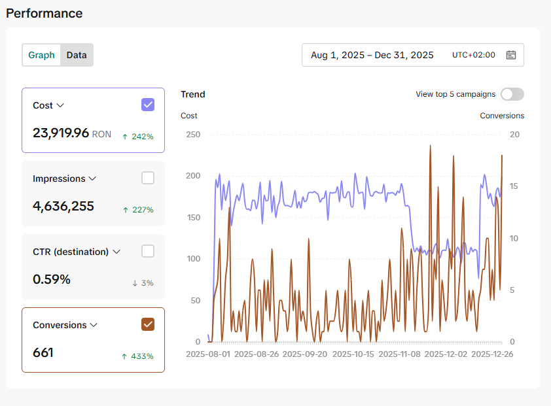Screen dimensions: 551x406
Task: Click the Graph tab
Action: tap(41, 55)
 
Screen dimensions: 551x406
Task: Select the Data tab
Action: tap(77, 55)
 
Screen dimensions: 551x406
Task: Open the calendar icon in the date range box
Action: tap(511, 55)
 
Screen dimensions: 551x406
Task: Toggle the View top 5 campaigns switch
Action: tap(512, 94)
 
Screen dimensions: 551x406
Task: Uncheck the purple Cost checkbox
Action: tap(148, 105)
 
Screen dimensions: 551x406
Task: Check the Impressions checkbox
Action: tap(148, 178)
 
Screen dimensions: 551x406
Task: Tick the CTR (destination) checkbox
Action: tap(148, 251)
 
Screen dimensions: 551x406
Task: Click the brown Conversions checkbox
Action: tap(148, 324)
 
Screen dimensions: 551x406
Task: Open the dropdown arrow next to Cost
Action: tap(60, 105)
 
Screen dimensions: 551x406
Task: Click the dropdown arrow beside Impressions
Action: tap(92, 178)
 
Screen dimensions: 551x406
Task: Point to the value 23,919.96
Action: tap(61, 133)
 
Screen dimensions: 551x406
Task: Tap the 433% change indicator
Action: tap(137, 356)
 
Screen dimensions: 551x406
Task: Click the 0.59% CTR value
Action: tap(52, 280)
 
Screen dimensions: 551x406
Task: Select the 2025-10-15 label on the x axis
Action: tap(353, 354)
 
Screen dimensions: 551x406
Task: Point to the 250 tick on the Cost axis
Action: tap(193, 135)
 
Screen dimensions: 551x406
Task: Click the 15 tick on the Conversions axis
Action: tap(514, 186)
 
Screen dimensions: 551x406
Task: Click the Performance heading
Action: tap(44, 13)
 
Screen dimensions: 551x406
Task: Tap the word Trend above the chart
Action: tap(193, 95)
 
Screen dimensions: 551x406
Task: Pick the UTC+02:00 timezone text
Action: tap(474, 55)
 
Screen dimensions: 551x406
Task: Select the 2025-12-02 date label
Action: tap(446, 354)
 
